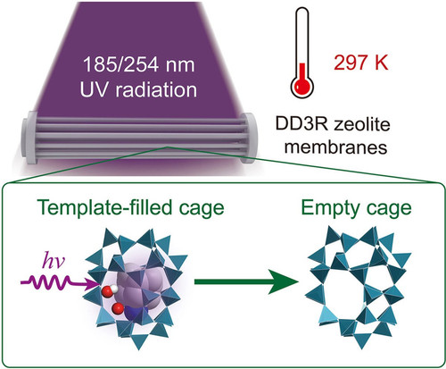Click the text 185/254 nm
139,64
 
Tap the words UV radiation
138,89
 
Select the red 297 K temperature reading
361,63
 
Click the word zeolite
361,124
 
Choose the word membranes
336,147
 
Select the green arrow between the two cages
246,281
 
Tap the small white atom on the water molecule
115,289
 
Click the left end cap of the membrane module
29,137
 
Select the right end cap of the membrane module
248,138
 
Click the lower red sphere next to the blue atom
117,308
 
